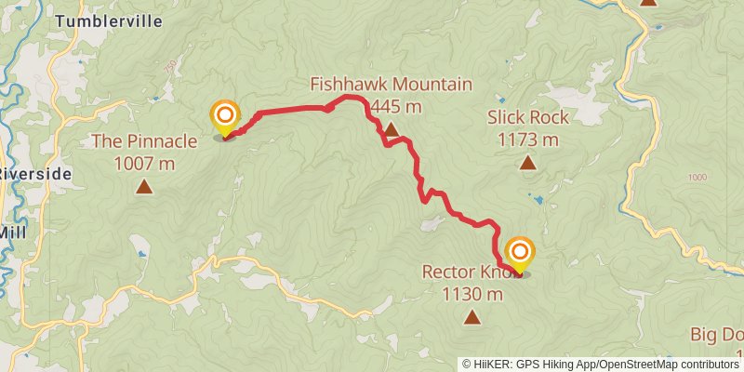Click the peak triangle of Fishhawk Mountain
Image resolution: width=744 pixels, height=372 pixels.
(391, 129)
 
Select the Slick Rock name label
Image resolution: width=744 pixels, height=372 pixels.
(527, 118)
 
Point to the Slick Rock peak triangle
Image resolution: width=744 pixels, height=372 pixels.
(527, 163)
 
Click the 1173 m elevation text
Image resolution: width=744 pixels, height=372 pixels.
(527, 140)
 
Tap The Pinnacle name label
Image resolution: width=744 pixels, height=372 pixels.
(144, 142)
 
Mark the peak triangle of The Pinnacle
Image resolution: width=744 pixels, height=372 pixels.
(144, 186)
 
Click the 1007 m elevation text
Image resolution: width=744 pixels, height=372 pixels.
(144, 164)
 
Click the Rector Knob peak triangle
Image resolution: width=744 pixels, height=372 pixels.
(472, 319)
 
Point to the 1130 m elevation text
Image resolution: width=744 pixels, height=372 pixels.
(472, 296)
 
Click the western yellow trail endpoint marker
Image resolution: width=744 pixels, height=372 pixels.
(225, 117)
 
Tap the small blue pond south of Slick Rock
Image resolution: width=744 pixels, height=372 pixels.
(536, 198)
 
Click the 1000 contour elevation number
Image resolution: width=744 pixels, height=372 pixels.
(698, 178)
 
